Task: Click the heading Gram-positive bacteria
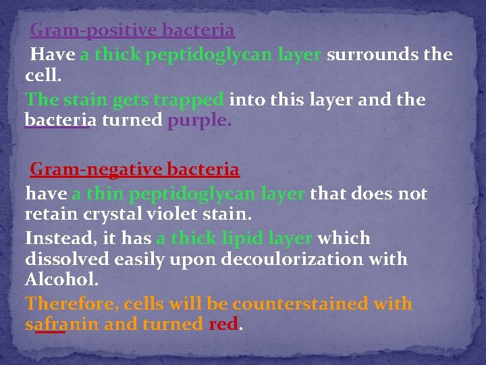click(132, 30)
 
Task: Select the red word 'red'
click(223, 324)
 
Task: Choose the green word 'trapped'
click(188, 100)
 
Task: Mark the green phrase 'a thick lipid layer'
click(234, 239)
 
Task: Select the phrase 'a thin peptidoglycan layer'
click(188, 194)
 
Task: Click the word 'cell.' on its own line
click(43, 76)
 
